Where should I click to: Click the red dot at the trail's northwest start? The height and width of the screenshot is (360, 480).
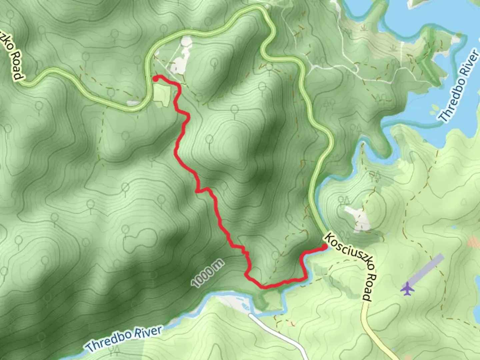155,79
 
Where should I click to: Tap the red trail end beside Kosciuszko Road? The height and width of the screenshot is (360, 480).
324,247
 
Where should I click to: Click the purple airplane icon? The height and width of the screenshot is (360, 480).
407,289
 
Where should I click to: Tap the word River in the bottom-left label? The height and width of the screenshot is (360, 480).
148,332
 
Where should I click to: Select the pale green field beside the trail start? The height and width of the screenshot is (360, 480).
162,95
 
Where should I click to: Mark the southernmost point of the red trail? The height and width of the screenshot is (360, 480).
263,286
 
